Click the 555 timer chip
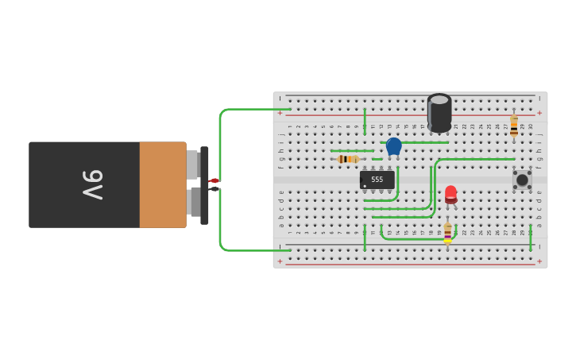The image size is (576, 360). (377, 180)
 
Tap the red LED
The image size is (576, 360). (450, 193)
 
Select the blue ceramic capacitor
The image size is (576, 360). (393, 145)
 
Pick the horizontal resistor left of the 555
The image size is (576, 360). (348, 159)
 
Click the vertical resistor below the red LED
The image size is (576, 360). (447, 233)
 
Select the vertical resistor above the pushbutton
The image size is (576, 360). (514, 126)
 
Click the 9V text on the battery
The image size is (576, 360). (92, 184)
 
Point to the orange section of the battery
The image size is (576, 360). (162, 184)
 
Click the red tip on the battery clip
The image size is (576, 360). (214, 180)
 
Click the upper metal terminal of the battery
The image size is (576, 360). (193, 165)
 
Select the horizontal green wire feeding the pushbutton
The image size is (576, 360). (477, 159)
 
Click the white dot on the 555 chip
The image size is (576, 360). (365, 186)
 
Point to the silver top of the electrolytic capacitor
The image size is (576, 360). (439, 99)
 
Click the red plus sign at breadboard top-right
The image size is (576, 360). (539, 113)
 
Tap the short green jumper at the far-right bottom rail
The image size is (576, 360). (531, 238)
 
